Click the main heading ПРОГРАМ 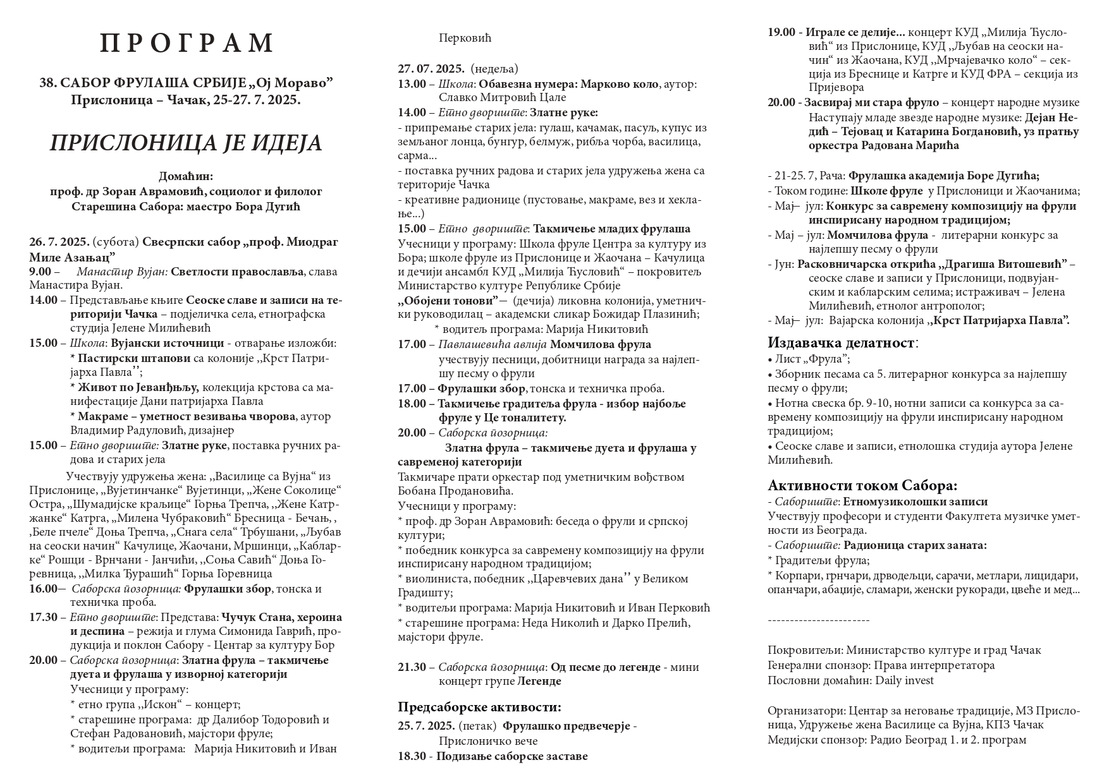click(187, 43)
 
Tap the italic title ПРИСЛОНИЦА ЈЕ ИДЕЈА click(186, 143)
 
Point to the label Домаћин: click(186, 176)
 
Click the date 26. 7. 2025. click(59, 242)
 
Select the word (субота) click(116, 242)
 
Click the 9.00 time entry click(41, 272)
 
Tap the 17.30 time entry click(43, 617)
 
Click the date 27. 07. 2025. click(431, 68)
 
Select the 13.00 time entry click(412, 84)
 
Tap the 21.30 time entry click(412, 667)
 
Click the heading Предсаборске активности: click(479, 707)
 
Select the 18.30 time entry click(412, 756)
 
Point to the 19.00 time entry click(781, 32)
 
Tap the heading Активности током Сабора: click(862, 485)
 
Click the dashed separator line click(818, 620)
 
